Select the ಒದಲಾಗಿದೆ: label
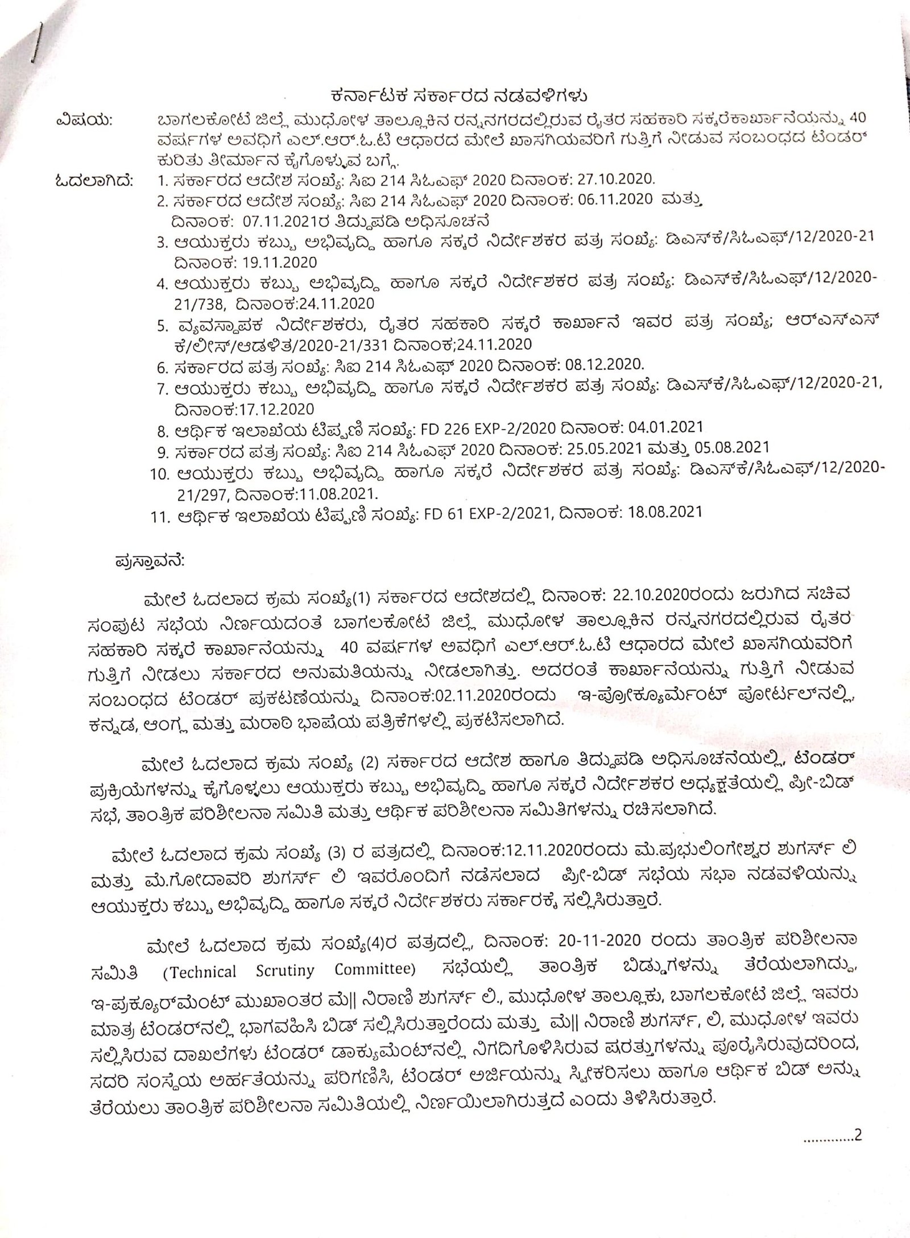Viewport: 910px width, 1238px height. click(x=93, y=181)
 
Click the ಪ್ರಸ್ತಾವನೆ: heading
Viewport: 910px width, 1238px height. click(x=149, y=561)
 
